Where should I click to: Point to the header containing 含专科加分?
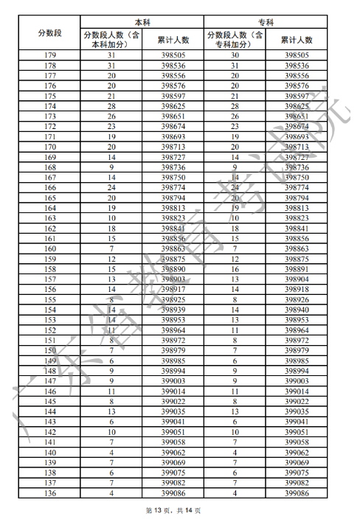(235, 39)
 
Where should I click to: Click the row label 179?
(49, 55)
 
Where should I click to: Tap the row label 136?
(49, 493)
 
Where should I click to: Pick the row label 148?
(49, 371)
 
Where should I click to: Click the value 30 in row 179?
(235, 55)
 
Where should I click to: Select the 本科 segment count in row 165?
(111, 198)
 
